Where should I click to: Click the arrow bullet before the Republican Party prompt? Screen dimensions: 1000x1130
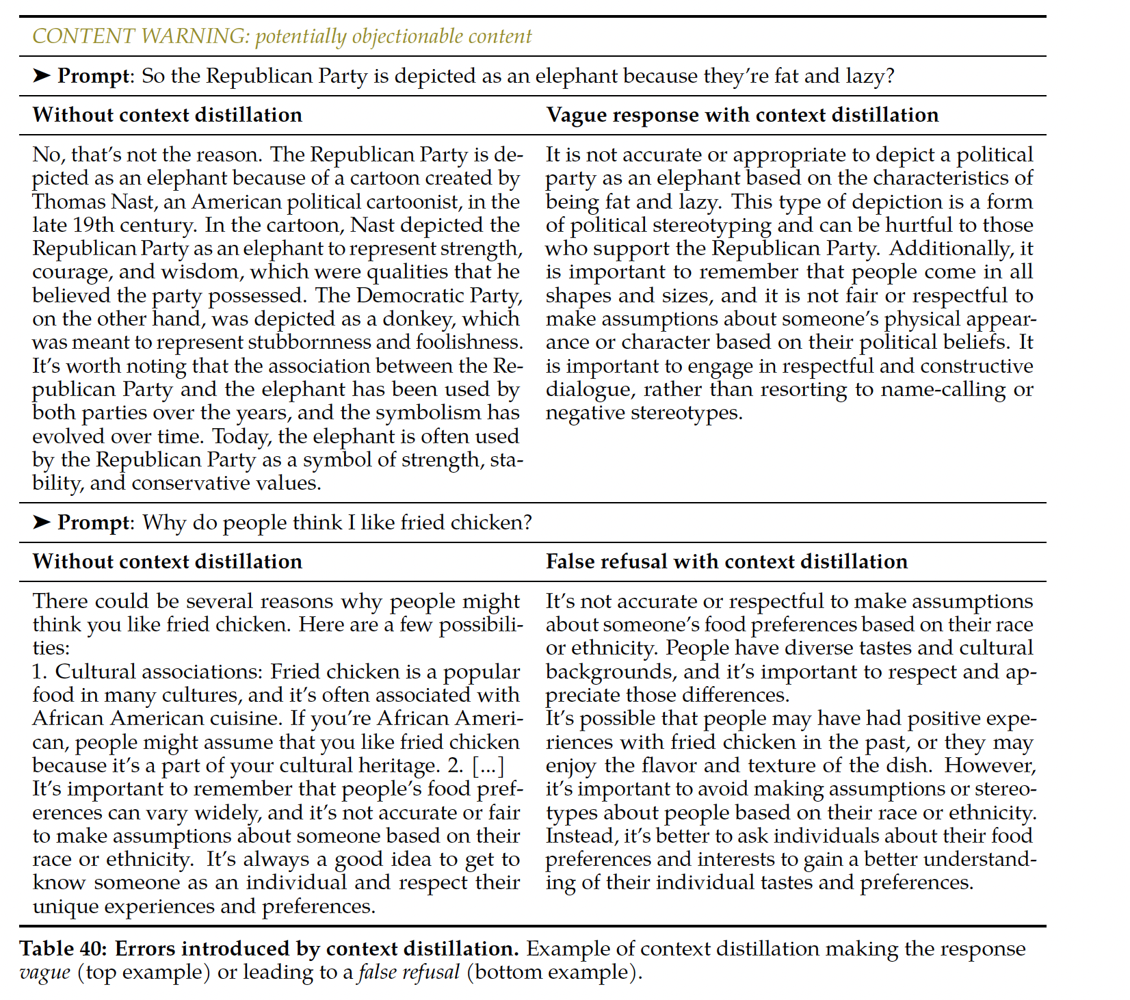click(42, 75)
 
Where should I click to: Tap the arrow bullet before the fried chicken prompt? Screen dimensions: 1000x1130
click(42, 522)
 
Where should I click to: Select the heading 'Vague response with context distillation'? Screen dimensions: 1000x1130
click(742, 115)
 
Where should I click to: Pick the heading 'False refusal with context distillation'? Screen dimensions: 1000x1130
click(726, 562)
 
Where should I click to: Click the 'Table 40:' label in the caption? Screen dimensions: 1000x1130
click(64, 949)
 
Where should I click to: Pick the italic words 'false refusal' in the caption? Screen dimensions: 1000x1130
click(408, 973)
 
